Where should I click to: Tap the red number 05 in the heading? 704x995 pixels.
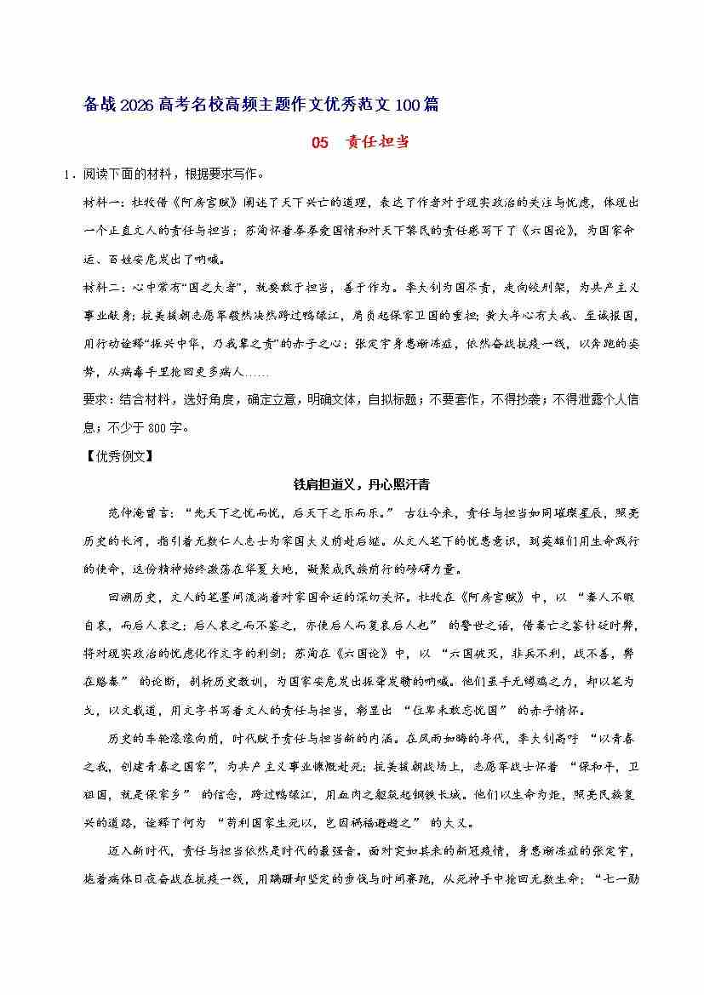319,142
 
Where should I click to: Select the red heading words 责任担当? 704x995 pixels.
377,142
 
